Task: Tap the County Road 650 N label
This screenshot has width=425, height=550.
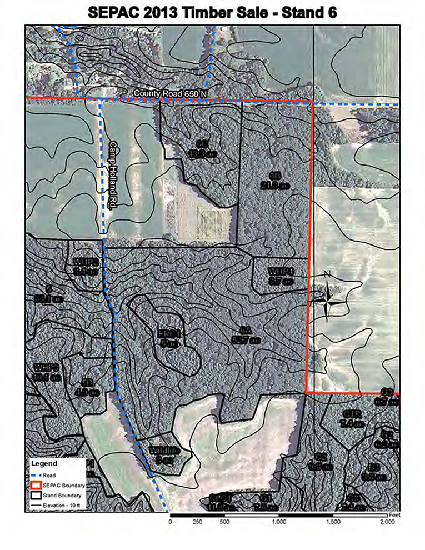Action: click(170, 94)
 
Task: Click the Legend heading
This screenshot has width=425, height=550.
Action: click(44, 463)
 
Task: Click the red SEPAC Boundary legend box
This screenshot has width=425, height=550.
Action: click(37, 485)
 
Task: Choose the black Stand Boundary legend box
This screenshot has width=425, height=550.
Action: click(37, 494)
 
